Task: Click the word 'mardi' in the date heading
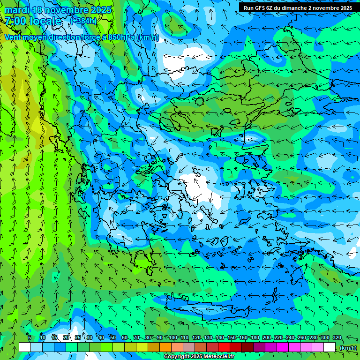tap(16, 10)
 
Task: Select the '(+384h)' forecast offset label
tap(84, 21)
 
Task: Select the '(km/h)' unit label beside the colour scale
tap(347, 348)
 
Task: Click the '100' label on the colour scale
tap(173, 338)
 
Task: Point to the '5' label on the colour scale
tap(30, 338)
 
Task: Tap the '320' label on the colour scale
tap(337, 338)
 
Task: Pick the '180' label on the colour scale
tap(255, 338)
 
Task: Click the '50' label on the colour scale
tap(113, 338)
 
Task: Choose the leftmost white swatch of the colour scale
tap(25, 347)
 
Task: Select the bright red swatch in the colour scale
tap(224, 347)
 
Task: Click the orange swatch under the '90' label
tap(165, 347)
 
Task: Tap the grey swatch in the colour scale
tap(189, 347)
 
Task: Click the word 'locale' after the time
tap(45, 21)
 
